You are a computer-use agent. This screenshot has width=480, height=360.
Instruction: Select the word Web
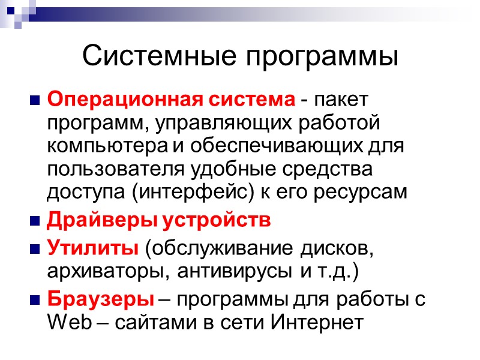tap(67, 322)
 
